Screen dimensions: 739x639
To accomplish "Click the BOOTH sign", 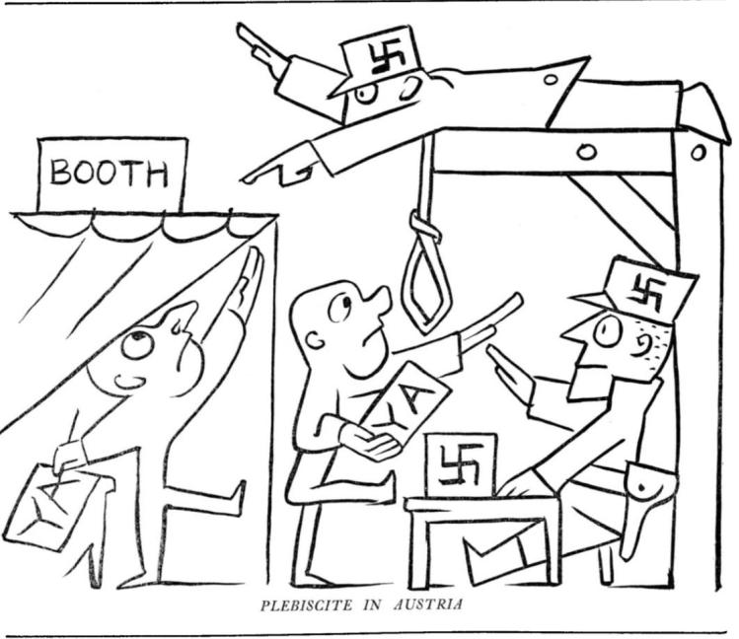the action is pos(112,175).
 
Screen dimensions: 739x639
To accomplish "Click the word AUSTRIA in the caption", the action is pos(428,604).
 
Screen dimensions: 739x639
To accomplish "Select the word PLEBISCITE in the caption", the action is pos(306,604).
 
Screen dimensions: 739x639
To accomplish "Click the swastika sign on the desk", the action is pos(461,465).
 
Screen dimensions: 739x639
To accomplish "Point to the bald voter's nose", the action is pos(380,301).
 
